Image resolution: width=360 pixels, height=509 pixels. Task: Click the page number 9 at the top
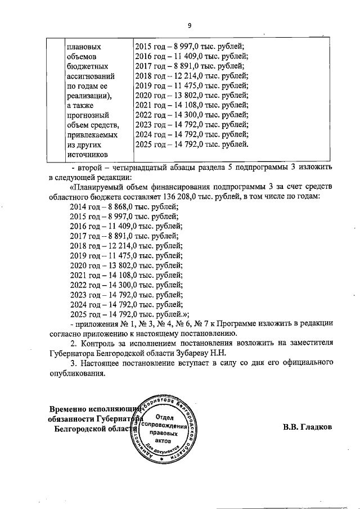click(x=190, y=25)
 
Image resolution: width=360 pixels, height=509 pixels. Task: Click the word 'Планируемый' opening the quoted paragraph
click(x=98, y=187)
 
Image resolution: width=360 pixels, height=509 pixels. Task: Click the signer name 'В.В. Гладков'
click(x=307, y=427)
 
